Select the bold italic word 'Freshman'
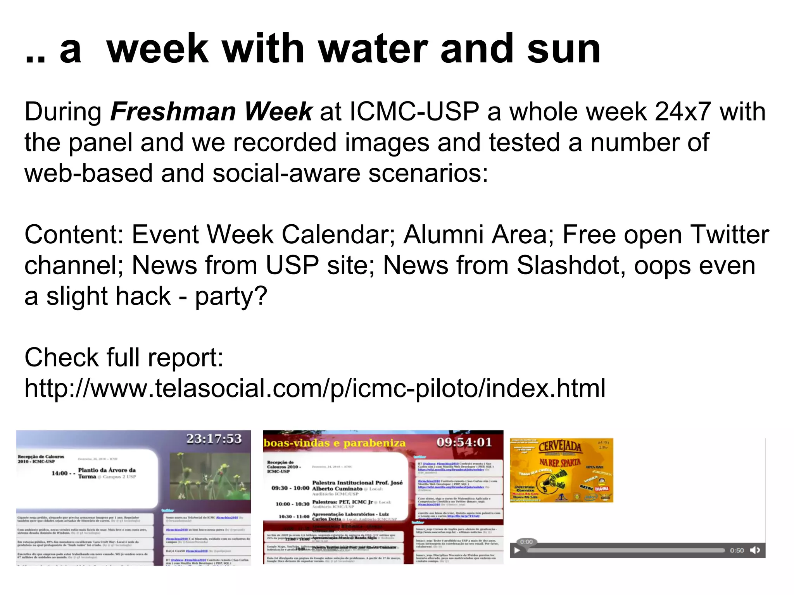(x=173, y=112)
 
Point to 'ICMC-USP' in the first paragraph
(x=414, y=112)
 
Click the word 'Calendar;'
(x=338, y=235)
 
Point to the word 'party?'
(x=231, y=296)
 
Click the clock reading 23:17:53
(x=214, y=439)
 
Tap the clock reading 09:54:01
(x=464, y=442)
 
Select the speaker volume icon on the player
(x=755, y=550)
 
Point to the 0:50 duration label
(x=737, y=550)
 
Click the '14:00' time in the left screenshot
(x=60, y=473)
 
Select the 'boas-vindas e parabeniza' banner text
(x=334, y=443)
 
